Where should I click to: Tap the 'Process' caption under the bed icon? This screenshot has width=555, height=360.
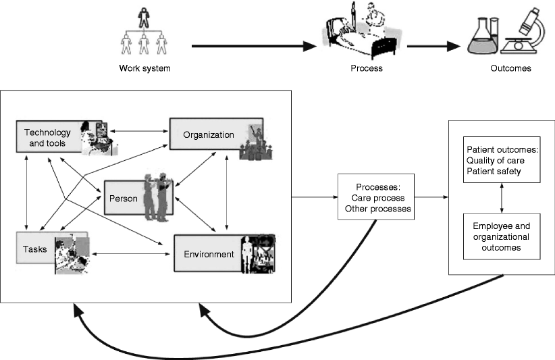point(367,68)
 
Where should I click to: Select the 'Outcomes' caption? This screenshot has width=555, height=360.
point(510,68)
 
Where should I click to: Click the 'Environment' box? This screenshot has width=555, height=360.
point(209,254)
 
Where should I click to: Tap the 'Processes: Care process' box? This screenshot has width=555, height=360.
point(376,198)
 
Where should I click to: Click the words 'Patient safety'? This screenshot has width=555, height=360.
point(494,172)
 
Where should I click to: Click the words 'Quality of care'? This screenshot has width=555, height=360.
point(496,160)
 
